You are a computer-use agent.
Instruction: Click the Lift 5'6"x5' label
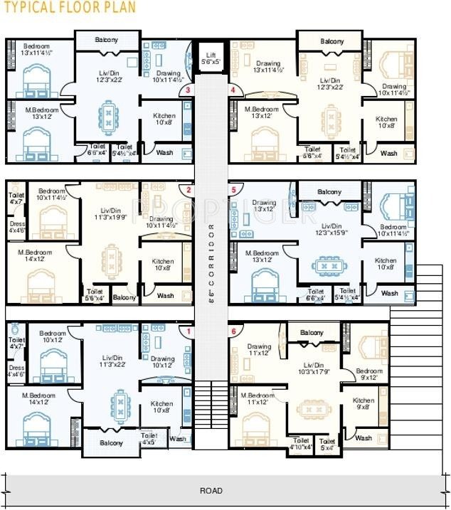click(211, 58)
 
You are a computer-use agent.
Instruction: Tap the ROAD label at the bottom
click(211, 491)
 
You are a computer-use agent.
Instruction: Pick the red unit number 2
click(189, 190)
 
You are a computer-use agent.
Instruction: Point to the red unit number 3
click(188, 90)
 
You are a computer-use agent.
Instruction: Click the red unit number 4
click(233, 90)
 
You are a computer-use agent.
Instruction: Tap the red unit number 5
click(233, 190)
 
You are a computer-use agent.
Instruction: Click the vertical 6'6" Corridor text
click(211, 263)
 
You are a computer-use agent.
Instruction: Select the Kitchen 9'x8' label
click(364, 404)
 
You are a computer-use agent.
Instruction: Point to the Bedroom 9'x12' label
click(369, 375)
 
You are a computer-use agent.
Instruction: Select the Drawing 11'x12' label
click(259, 350)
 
